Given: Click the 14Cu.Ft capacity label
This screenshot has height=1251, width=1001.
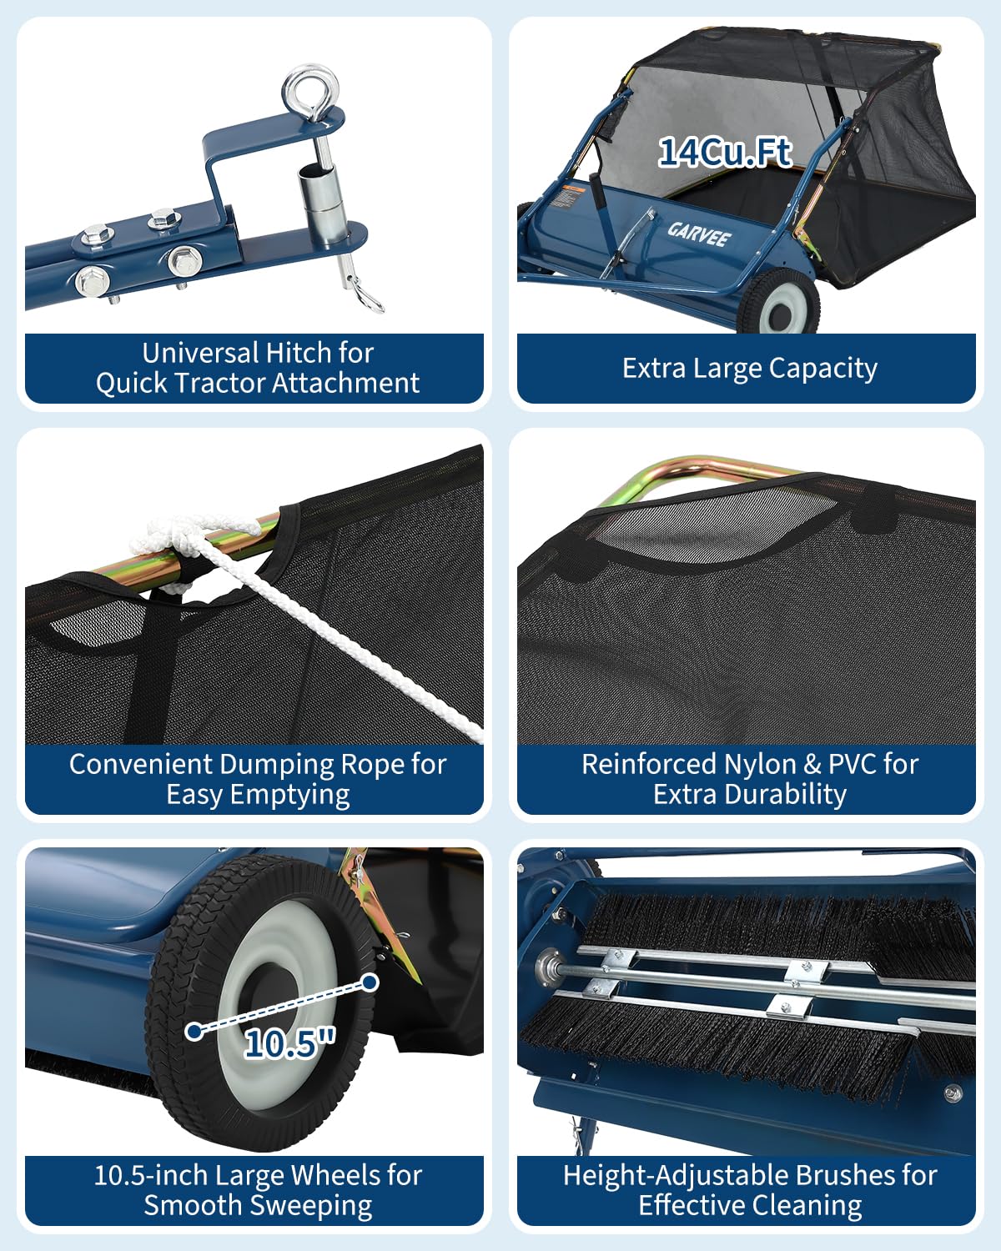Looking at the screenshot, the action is pos(725,153).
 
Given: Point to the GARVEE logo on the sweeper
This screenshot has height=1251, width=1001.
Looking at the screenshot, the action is pos(699,234).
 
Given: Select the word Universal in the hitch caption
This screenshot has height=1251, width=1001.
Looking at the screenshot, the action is pos(201,353).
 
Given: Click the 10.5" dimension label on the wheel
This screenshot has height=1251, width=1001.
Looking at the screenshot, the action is pos(289,1042).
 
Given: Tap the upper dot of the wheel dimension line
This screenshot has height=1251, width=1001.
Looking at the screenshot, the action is pos(370,982).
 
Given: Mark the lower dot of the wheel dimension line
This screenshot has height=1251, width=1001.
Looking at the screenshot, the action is pos(194,1032).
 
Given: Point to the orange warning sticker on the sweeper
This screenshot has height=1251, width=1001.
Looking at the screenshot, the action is pos(573,189).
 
